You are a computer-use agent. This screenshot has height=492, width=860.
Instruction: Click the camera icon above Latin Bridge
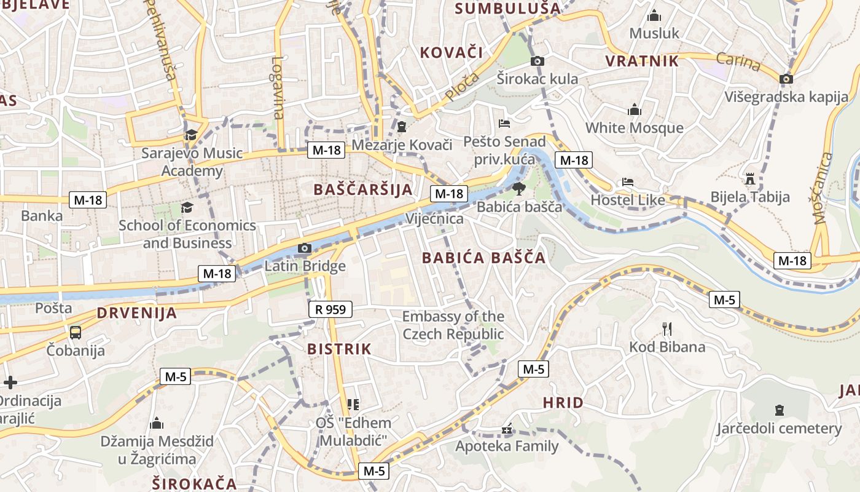tap(304, 248)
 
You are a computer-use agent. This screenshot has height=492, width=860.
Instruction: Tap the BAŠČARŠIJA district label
tap(363, 189)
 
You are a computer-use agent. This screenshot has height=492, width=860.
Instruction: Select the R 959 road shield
tap(330, 309)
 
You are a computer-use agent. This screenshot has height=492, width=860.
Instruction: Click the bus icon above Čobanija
tap(75, 333)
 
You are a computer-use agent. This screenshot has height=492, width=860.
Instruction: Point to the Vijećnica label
tap(434, 218)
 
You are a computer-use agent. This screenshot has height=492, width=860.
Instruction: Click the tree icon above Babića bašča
tap(519, 188)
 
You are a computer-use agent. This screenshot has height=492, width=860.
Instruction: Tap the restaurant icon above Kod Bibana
tap(667, 328)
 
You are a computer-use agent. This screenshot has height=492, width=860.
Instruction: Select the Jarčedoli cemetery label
tap(779, 428)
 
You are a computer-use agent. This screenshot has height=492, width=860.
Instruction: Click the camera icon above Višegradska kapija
tap(786, 79)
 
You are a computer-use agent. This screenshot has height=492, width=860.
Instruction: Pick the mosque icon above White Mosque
tap(635, 110)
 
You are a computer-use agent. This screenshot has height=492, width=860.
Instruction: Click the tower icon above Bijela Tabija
tap(749, 179)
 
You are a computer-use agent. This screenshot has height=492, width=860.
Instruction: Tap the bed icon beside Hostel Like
tap(627, 182)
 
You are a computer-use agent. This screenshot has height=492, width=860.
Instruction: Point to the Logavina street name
tap(278, 88)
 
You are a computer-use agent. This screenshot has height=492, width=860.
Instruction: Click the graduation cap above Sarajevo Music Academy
tap(192, 135)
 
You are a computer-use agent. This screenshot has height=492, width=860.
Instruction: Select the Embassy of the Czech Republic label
tap(453, 325)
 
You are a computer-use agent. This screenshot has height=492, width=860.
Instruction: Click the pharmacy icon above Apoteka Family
tap(507, 429)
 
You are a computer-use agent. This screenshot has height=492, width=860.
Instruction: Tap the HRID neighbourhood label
tap(563, 403)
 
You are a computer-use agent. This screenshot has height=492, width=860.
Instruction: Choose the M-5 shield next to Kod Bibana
tap(724, 300)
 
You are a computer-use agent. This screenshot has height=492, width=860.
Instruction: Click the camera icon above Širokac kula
tap(537, 61)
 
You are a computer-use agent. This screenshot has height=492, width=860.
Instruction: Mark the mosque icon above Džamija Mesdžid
tap(157, 423)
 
